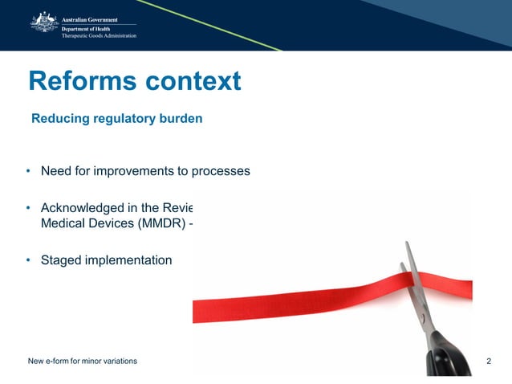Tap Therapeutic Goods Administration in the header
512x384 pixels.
tap(100, 36)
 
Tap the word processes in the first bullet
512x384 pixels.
tap(221, 171)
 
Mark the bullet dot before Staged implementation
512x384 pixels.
tap(28, 260)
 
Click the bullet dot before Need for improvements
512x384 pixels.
tap(28, 171)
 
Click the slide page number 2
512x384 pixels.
tap(490, 362)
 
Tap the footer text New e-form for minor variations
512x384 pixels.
tap(83, 362)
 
